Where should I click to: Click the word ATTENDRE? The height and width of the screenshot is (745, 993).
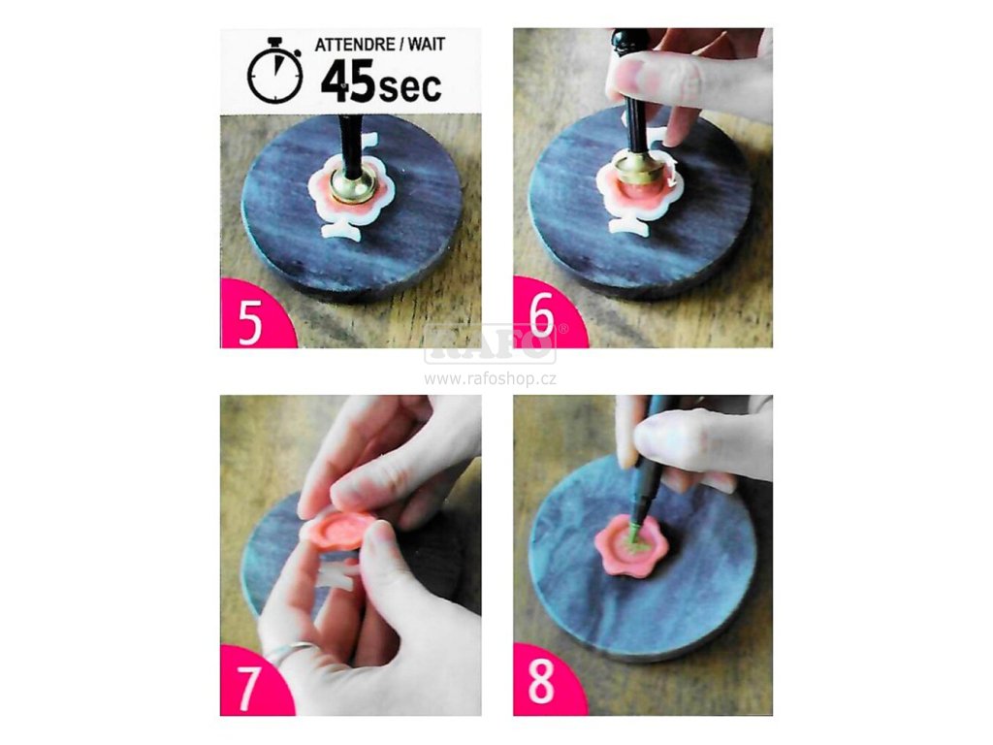tap(355, 45)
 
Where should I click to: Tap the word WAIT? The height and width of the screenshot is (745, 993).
tap(426, 45)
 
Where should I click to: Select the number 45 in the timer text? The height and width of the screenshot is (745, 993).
tap(348, 81)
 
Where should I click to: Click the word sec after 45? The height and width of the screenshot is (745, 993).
tap(410, 86)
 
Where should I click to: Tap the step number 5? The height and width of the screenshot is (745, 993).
tap(250, 321)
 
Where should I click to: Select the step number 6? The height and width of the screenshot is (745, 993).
tap(542, 314)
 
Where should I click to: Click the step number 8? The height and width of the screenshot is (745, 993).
tap(541, 682)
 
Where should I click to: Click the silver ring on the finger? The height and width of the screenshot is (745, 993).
tap(288, 652)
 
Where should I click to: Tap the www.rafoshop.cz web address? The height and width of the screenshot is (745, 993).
tap(490, 379)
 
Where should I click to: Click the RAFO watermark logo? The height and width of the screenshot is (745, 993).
tap(490, 343)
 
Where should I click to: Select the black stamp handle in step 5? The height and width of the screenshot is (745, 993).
tap(347, 146)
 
